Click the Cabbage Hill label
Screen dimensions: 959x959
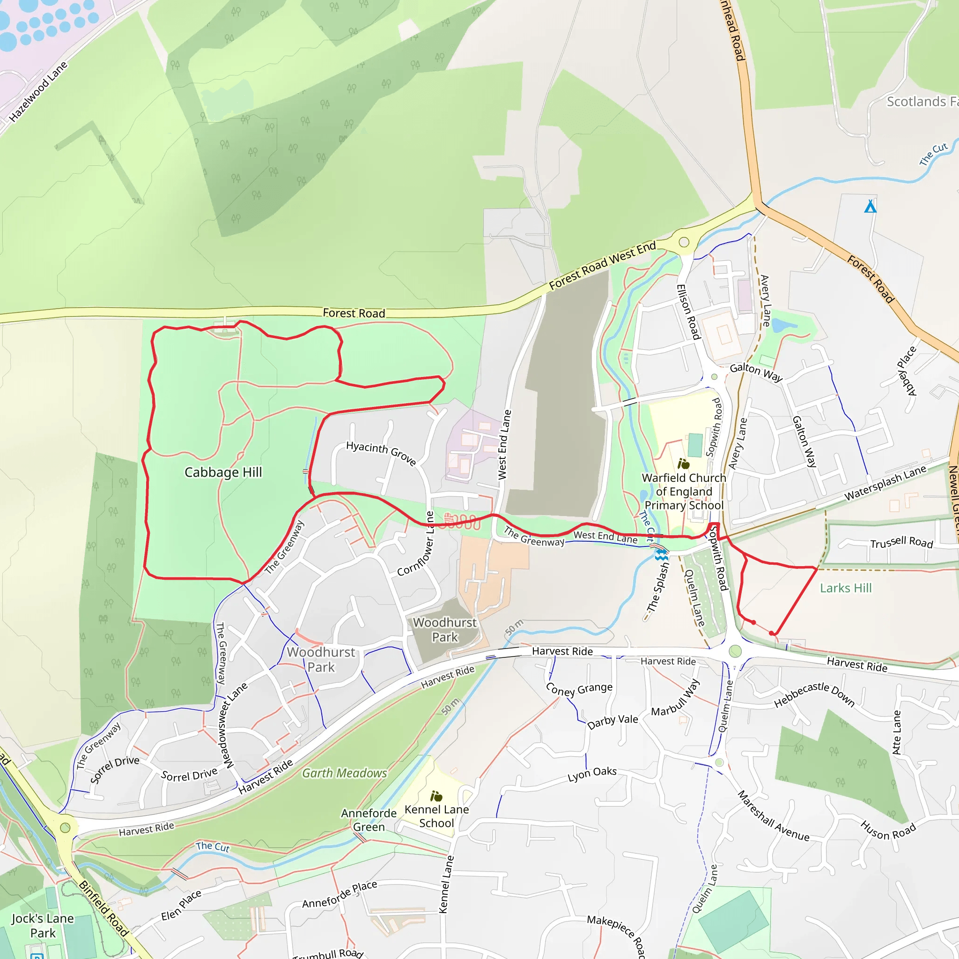click(223, 472)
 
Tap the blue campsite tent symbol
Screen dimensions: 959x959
click(870, 206)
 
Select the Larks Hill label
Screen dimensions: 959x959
click(845, 588)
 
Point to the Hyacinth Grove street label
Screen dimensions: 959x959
click(381, 452)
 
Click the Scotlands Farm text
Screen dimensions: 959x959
click(921, 102)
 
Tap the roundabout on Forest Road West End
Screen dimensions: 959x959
click(684, 242)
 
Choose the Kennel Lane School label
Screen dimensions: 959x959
click(436, 816)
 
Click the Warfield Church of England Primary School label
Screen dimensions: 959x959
click(684, 491)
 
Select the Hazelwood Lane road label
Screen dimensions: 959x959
click(38, 92)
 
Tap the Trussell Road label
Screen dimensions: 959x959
click(901, 542)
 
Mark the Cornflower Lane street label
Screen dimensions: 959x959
click(415, 544)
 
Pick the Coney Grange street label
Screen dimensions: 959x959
click(579, 689)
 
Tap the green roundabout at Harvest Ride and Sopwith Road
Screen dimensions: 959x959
click(735, 651)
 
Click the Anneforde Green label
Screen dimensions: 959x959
click(369, 820)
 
